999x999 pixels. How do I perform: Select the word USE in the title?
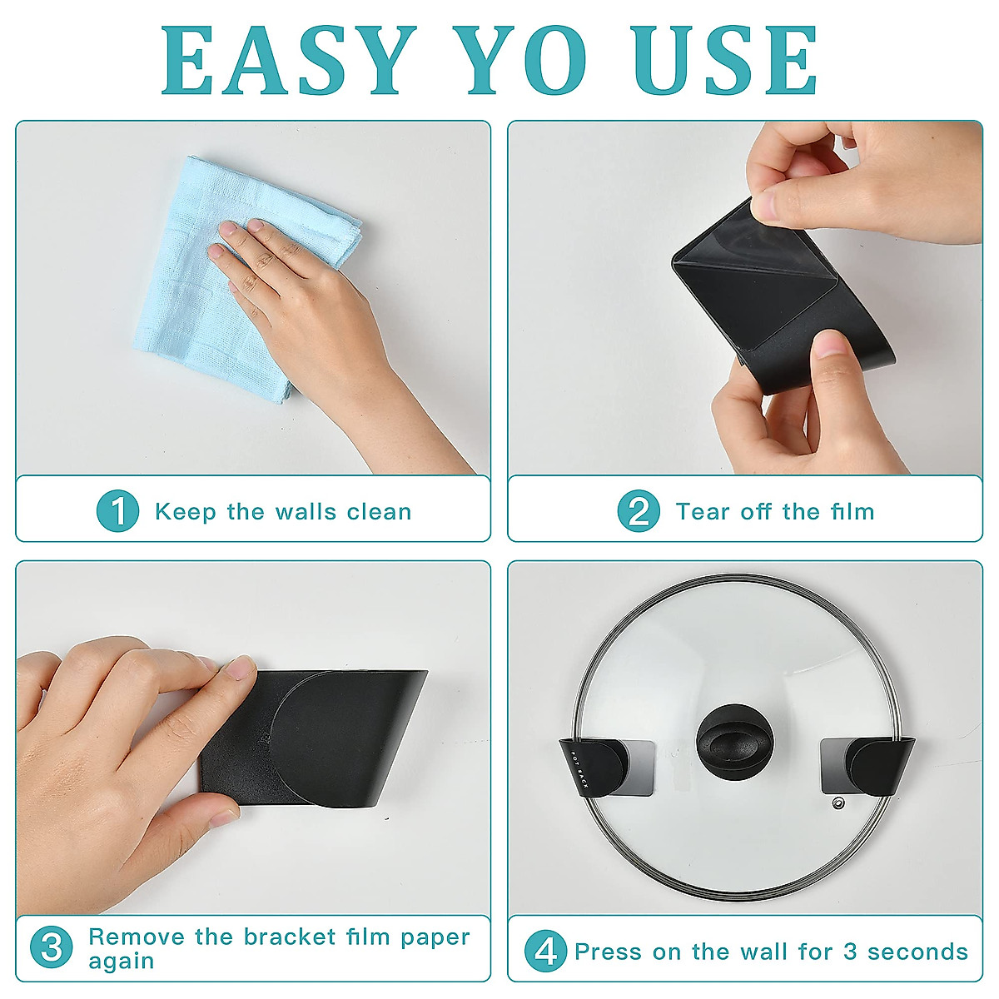pyautogui.click(x=724, y=60)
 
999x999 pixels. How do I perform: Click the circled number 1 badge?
pyautogui.click(x=117, y=511)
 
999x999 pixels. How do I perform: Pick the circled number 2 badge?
pyautogui.click(x=639, y=511)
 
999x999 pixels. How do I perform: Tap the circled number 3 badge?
pyautogui.click(x=52, y=947)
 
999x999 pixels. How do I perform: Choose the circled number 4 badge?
pyautogui.click(x=545, y=952)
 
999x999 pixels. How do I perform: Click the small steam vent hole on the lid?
pyautogui.click(x=837, y=804)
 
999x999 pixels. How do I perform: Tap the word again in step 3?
pyautogui.click(x=122, y=961)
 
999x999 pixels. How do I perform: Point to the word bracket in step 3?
pyautogui.click(x=290, y=937)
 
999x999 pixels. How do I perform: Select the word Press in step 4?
pyautogui.click(x=609, y=952)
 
